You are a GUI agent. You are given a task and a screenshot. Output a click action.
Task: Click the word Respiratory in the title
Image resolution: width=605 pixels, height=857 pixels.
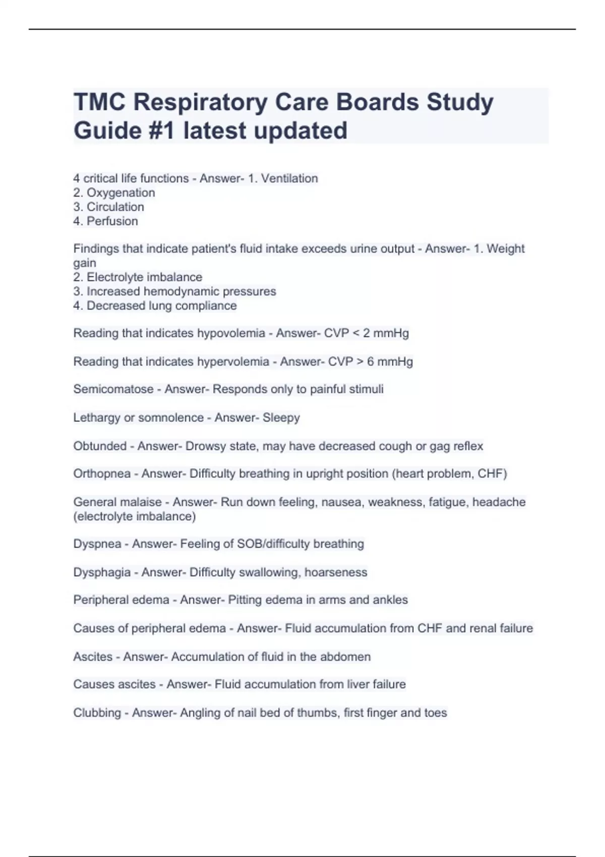[x=200, y=102]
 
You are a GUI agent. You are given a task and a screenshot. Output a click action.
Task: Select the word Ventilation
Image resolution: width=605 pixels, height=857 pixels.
[x=289, y=178]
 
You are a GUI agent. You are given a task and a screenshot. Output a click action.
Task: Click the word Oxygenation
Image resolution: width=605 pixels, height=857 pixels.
[x=121, y=193]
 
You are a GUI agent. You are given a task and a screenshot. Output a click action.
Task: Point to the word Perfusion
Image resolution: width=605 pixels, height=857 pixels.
[x=112, y=221]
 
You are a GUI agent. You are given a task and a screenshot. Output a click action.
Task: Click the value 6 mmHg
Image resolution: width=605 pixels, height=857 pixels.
[x=390, y=361]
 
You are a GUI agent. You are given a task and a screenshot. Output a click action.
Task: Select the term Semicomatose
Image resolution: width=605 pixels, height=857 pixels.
[x=113, y=389]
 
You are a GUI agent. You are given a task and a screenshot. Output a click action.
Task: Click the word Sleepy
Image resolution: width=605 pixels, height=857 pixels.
[x=281, y=418]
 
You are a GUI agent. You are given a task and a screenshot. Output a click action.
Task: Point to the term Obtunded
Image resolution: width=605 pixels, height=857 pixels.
[x=100, y=446]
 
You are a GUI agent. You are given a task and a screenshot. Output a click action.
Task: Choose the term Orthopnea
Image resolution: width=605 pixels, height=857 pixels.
[x=102, y=474]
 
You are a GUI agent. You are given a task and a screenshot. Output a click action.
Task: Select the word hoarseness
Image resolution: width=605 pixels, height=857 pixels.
[x=336, y=572]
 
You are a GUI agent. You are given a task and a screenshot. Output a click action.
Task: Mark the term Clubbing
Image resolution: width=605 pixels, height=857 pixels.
[x=97, y=713]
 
